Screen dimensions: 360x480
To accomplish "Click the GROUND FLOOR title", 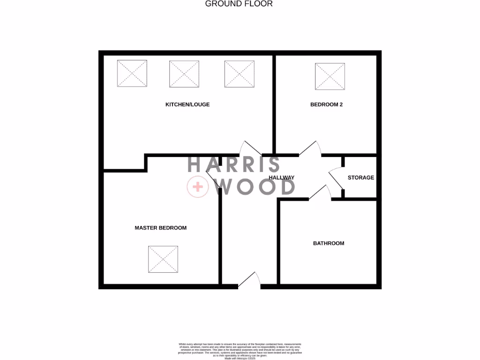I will [239, 4].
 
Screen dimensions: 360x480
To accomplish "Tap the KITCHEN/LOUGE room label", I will [187, 105].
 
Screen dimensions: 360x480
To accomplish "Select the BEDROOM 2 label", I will [326, 105].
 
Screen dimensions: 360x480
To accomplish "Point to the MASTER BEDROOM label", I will [160, 228].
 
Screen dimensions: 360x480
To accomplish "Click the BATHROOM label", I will [329, 243].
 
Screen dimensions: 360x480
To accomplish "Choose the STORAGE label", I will [361, 178].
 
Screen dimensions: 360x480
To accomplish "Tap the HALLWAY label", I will [282, 178].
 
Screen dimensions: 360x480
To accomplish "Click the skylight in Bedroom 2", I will [330, 76].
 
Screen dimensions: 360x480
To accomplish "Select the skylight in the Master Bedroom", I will [163, 260].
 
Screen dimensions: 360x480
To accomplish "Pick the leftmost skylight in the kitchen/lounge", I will [132, 74].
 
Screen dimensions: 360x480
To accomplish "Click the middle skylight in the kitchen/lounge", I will [184, 74].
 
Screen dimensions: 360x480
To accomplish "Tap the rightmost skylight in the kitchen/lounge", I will [240, 74].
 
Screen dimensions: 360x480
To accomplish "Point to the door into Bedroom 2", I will [310, 149].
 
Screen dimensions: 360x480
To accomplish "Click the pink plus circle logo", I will [197, 187].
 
